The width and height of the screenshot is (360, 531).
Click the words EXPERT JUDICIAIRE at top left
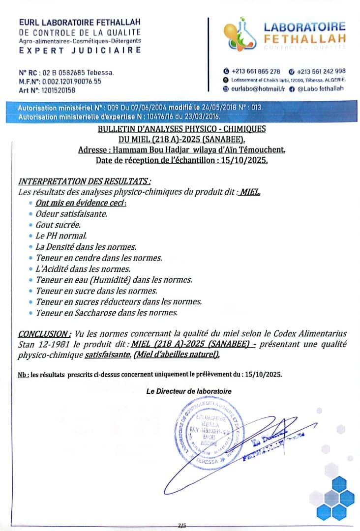coord(80,50)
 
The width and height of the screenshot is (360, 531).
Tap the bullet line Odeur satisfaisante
coord(71,214)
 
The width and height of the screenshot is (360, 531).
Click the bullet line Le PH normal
coord(61,236)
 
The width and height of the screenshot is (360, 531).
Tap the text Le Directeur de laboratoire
coord(189,391)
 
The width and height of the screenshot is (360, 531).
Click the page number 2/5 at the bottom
coord(182,526)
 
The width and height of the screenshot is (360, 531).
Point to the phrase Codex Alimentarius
coord(304,335)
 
